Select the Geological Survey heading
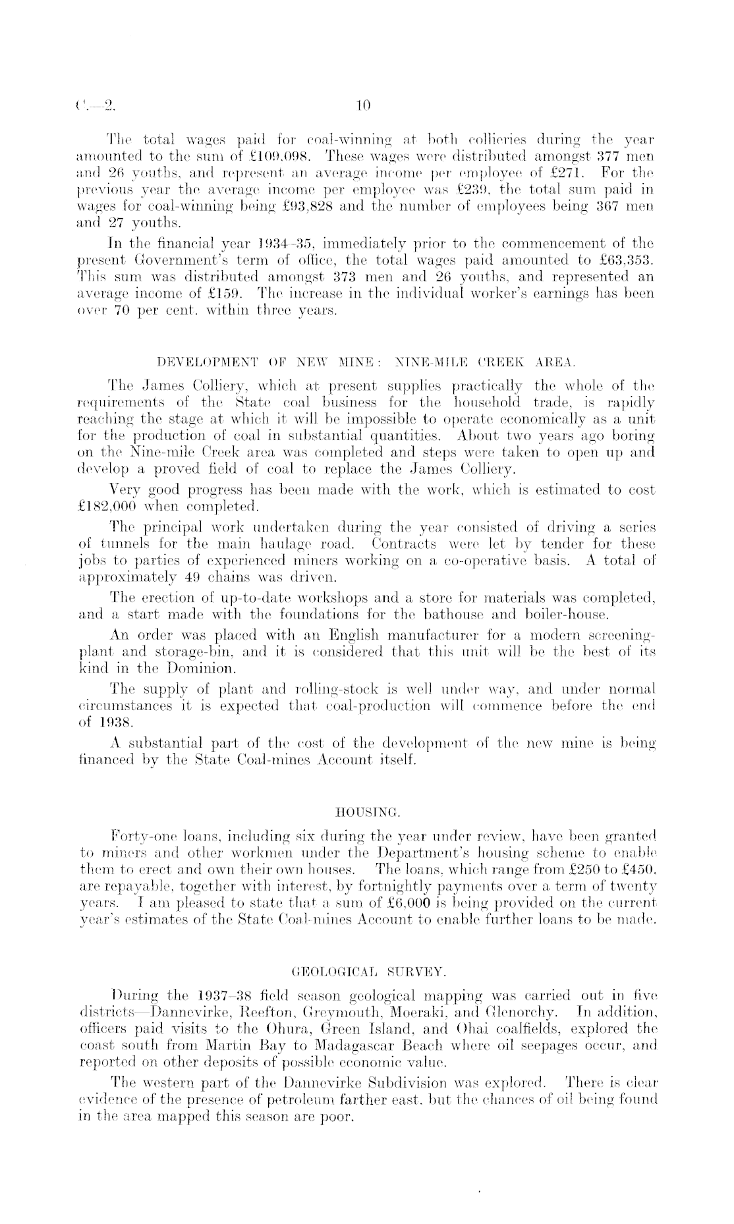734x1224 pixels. pyautogui.click(x=366, y=972)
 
